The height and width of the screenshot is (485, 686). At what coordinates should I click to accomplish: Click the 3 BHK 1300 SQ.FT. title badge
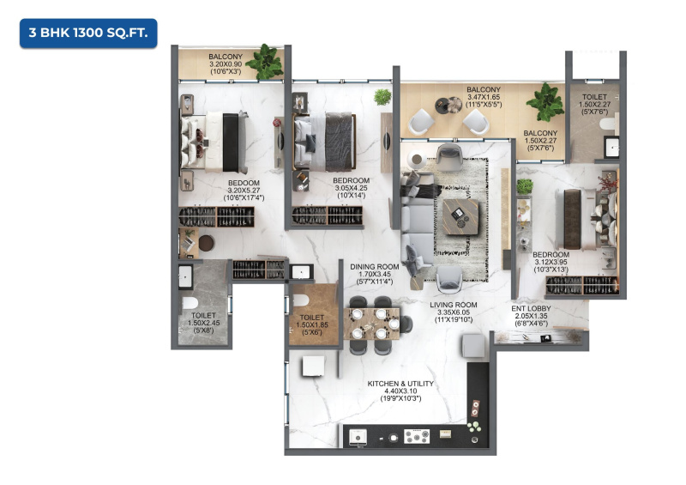[88, 33]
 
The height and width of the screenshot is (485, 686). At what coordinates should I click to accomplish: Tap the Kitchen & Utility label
[400, 384]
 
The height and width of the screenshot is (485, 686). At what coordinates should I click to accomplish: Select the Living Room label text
[454, 305]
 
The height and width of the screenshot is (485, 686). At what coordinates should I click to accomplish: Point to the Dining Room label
[375, 266]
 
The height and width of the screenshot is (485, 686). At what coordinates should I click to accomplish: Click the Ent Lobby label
[531, 308]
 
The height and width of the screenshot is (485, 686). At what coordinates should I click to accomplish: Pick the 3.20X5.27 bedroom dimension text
[244, 191]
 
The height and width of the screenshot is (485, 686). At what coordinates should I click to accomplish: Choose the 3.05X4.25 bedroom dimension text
[352, 188]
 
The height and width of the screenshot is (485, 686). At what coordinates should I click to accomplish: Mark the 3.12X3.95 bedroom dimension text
[551, 262]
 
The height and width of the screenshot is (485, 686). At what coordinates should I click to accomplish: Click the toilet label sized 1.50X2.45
[203, 323]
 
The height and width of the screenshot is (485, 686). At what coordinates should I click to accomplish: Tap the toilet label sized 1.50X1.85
[312, 324]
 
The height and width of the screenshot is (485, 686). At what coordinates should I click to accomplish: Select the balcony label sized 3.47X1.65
[484, 97]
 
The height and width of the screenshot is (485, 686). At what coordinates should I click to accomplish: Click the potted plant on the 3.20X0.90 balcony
[265, 62]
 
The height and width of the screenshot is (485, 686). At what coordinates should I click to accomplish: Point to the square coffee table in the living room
[460, 216]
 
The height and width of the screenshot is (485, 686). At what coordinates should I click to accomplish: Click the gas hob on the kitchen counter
[417, 436]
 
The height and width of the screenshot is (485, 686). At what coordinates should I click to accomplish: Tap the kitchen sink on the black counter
[358, 438]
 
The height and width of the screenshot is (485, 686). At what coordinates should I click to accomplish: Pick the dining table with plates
[372, 324]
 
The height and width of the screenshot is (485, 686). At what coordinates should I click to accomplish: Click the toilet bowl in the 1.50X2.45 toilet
[190, 303]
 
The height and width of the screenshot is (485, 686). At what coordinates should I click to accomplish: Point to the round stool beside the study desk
[207, 243]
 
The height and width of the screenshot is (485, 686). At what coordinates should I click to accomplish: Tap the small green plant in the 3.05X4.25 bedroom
[382, 97]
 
